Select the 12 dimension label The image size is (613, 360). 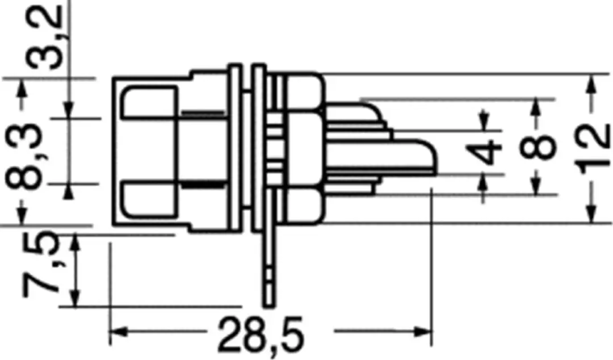593,148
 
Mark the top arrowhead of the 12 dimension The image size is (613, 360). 592,83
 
